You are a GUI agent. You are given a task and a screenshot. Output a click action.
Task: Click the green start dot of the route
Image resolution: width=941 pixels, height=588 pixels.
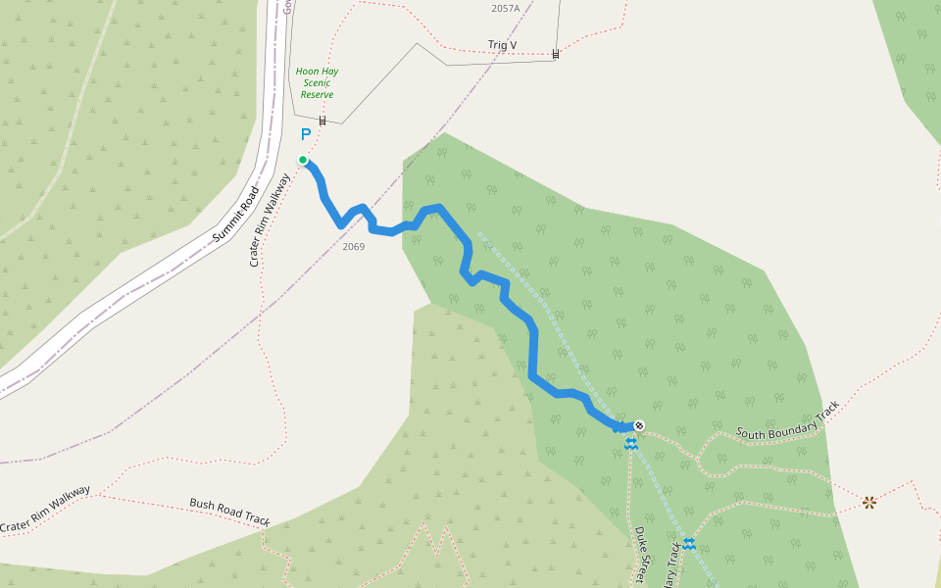click(x=303, y=160)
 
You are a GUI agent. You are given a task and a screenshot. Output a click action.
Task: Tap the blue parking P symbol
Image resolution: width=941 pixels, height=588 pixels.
click(x=306, y=134)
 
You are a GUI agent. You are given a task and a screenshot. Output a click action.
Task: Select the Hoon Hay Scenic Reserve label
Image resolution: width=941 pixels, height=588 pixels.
click(x=317, y=83)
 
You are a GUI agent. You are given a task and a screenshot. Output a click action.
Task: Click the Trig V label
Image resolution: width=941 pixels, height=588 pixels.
click(x=502, y=45)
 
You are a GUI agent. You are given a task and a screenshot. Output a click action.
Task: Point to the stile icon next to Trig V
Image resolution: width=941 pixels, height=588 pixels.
click(x=556, y=54)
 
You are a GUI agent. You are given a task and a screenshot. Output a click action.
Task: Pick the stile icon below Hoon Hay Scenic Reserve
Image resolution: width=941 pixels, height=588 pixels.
click(x=322, y=121)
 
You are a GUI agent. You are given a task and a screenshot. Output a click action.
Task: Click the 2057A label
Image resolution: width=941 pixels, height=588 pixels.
click(x=505, y=9)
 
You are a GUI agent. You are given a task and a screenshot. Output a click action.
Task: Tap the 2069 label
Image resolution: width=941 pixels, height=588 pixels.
click(x=354, y=246)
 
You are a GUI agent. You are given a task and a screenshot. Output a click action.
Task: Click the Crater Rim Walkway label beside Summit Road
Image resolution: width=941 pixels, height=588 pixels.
click(x=271, y=220)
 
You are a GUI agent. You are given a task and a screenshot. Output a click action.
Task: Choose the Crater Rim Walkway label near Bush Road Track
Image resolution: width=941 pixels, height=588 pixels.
click(x=46, y=510)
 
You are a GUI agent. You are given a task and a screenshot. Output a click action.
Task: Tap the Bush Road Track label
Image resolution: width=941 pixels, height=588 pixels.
click(x=229, y=513)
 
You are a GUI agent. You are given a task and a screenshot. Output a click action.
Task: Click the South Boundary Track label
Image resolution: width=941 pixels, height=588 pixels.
click(x=788, y=419)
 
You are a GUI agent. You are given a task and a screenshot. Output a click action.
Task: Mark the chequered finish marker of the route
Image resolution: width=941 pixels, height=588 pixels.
click(x=639, y=425)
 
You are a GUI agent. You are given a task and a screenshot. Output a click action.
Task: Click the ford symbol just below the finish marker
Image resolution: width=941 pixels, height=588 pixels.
click(x=630, y=444)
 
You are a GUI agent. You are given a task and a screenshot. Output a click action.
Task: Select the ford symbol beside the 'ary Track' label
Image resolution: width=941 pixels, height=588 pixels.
click(x=689, y=543)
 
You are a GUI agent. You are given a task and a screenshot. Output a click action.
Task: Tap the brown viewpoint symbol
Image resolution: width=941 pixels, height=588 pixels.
click(x=868, y=503)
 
